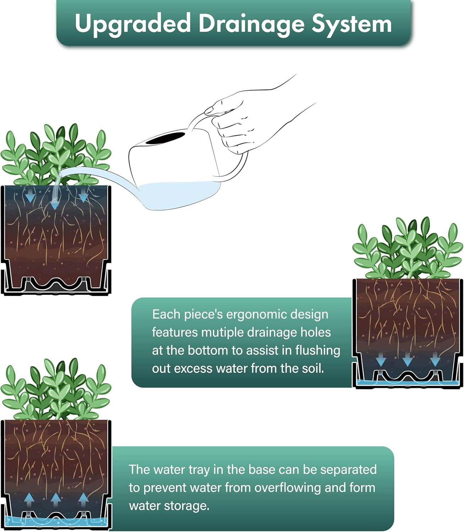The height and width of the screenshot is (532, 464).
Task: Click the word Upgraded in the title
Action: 133,24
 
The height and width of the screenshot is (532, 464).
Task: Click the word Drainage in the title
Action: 251,24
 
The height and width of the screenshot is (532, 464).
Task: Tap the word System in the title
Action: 352,24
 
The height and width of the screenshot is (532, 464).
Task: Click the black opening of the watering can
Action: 165,138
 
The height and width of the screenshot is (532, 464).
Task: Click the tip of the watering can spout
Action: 60,174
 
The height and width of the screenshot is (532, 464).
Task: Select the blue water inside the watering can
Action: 180,195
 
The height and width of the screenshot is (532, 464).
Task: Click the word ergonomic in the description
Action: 254,315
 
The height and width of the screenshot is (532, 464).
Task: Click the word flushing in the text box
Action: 318,350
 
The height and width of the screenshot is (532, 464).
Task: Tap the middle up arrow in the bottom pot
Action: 55,500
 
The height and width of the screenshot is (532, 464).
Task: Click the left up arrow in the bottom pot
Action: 29,500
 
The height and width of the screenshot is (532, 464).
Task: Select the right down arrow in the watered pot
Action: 83,195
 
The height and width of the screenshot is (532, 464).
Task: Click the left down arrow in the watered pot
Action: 30,195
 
